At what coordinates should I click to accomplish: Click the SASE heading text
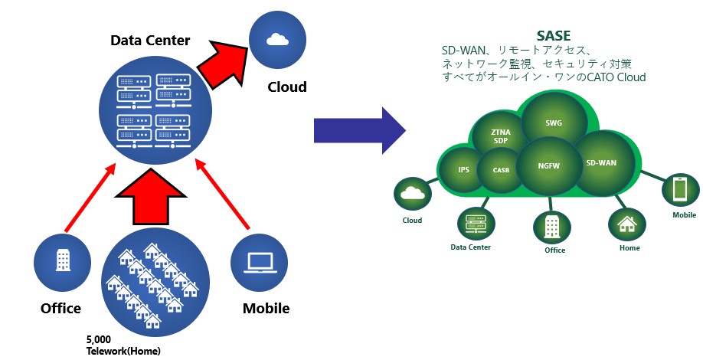(x=553, y=35)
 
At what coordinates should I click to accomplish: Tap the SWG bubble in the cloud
(x=554, y=122)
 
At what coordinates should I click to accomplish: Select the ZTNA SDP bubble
(x=500, y=136)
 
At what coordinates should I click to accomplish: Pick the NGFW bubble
(x=549, y=166)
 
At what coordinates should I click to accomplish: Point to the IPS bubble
(x=463, y=170)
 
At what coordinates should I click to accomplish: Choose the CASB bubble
(x=501, y=170)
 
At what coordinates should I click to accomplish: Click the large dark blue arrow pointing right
(x=360, y=130)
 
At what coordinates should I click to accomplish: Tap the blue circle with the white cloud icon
(x=277, y=40)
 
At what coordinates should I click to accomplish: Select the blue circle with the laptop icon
(x=259, y=263)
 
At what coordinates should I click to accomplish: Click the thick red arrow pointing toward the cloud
(x=224, y=62)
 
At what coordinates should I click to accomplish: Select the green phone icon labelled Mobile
(x=681, y=190)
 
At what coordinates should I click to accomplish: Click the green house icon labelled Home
(x=626, y=225)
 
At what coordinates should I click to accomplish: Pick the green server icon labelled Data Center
(x=476, y=224)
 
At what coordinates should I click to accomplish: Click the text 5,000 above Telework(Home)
(x=99, y=340)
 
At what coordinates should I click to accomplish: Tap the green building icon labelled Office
(x=551, y=227)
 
